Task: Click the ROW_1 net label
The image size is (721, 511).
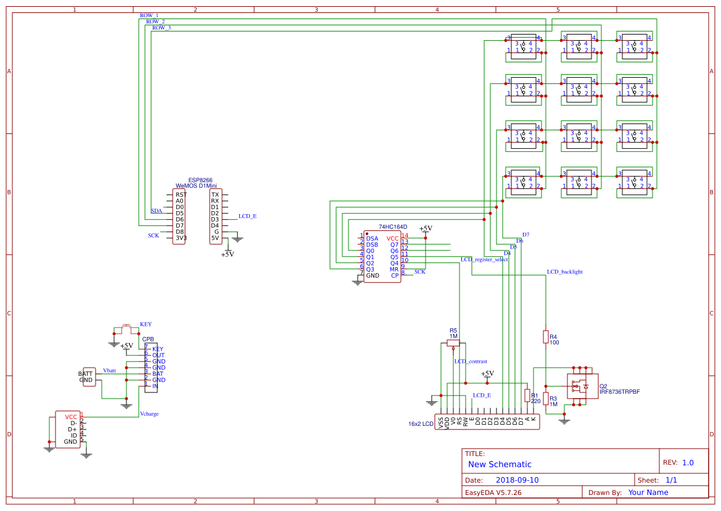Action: pos(149,15)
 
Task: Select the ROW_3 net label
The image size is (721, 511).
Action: pos(162,28)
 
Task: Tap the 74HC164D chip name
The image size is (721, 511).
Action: pos(393,227)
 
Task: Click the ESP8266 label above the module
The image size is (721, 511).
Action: pos(200,180)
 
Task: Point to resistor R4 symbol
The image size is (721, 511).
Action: pos(545,336)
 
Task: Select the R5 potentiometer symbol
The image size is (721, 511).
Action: pos(453,343)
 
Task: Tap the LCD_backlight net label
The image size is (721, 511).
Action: pos(564,272)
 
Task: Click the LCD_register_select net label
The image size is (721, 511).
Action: pos(484,259)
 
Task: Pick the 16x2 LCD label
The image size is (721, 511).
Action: pos(421,424)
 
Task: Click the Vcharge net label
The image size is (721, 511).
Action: pos(149,414)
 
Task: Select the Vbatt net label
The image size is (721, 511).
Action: pos(109,370)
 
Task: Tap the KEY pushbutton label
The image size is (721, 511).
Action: pos(146,324)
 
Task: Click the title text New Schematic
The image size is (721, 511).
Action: pos(500,464)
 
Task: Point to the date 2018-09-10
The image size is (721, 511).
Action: pos(517,480)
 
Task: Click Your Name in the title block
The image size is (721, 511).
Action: pos(648,492)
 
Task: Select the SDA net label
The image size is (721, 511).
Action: pos(156,211)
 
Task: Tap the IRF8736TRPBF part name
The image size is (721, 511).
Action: pos(619,392)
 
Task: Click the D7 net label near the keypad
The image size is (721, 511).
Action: pos(525,235)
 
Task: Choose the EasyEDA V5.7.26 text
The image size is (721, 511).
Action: pos(493,492)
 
